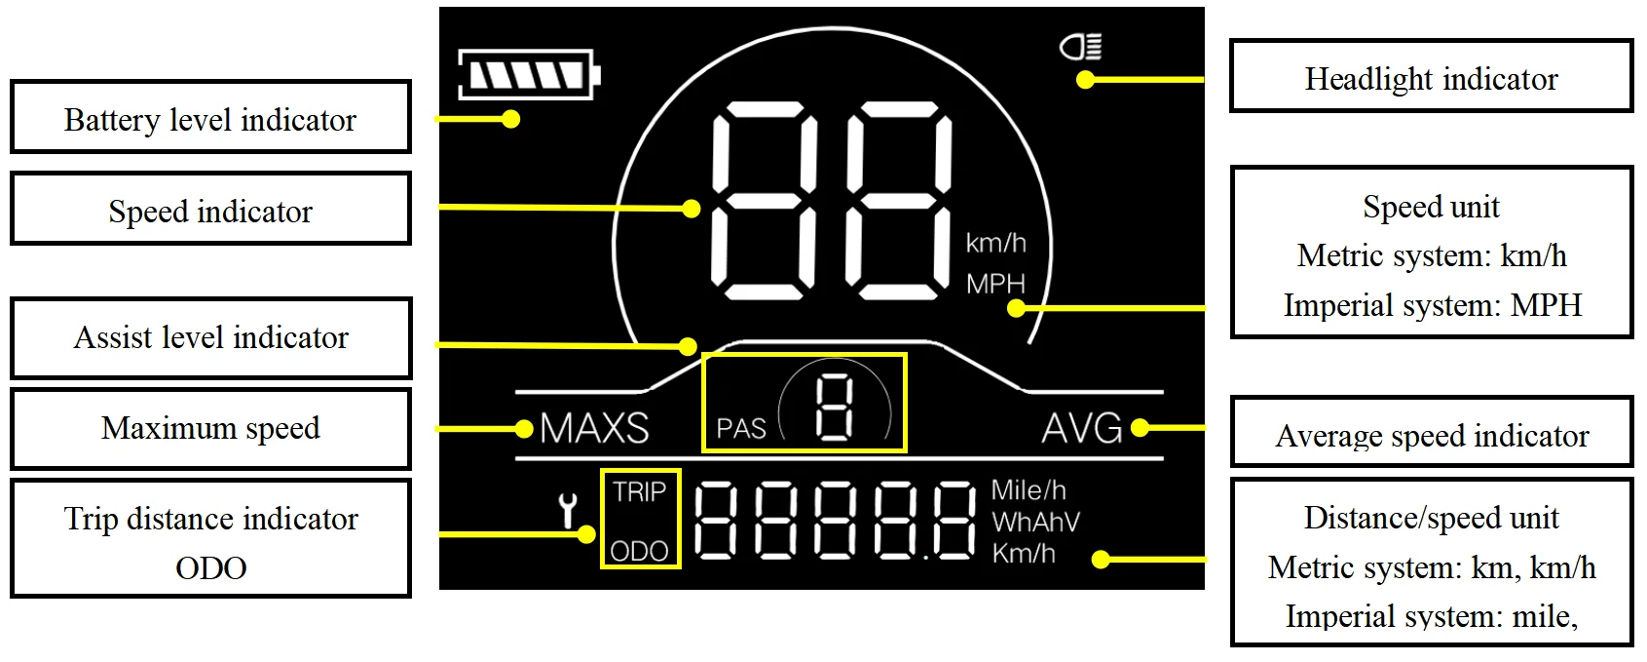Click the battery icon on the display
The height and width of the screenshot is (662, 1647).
click(529, 75)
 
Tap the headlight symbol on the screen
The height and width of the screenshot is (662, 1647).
click(1081, 46)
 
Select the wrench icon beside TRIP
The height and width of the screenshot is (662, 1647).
click(568, 510)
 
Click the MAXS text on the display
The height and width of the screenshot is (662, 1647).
click(594, 428)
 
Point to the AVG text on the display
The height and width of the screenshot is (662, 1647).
click(1081, 428)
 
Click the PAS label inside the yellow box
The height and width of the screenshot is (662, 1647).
click(741, 429)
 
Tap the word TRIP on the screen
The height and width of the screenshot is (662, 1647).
click(639, 492)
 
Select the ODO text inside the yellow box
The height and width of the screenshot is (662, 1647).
click(639, 552)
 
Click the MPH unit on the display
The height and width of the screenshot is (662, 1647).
click(995, 284)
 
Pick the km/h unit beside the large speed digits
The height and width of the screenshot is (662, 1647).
click(995, 242)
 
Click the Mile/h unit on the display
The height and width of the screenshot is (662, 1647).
click(1029, 489)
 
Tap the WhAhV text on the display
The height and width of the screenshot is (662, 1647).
click(1035, 523)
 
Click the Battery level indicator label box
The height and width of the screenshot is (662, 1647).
click(210, 118)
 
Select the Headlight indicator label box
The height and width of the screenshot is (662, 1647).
click(1431, 77)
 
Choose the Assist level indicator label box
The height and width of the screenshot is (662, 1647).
click(210, 337)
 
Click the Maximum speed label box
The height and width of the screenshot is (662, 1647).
click(210, 428)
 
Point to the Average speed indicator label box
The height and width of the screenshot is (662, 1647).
click(1431, 434)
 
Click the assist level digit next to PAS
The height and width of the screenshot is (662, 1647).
click(835, 408)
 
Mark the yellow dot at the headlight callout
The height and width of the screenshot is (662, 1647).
click(1085, 80)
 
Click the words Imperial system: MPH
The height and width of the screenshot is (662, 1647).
click(1432, 305)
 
